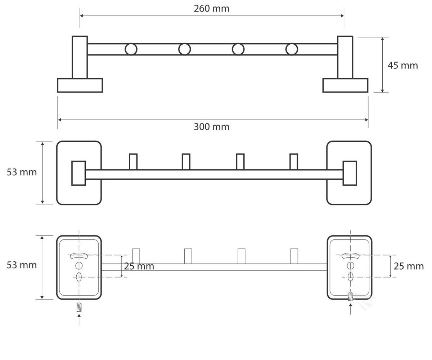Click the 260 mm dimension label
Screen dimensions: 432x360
tap(211, 9)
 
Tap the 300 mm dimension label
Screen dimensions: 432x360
tap(211, 127)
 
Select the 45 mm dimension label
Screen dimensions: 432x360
tap(402, 66)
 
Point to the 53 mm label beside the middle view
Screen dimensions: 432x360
tap(22, 172)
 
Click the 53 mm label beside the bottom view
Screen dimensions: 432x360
tap(22, 265)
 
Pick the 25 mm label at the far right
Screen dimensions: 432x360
tap(409, 266)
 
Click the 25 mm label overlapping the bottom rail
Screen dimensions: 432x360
tap(139, 266)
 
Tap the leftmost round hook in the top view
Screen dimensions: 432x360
tap(131, 49)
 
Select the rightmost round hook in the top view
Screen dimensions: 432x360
tap(292, 49)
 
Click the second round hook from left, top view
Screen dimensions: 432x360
tap(185, 49)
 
